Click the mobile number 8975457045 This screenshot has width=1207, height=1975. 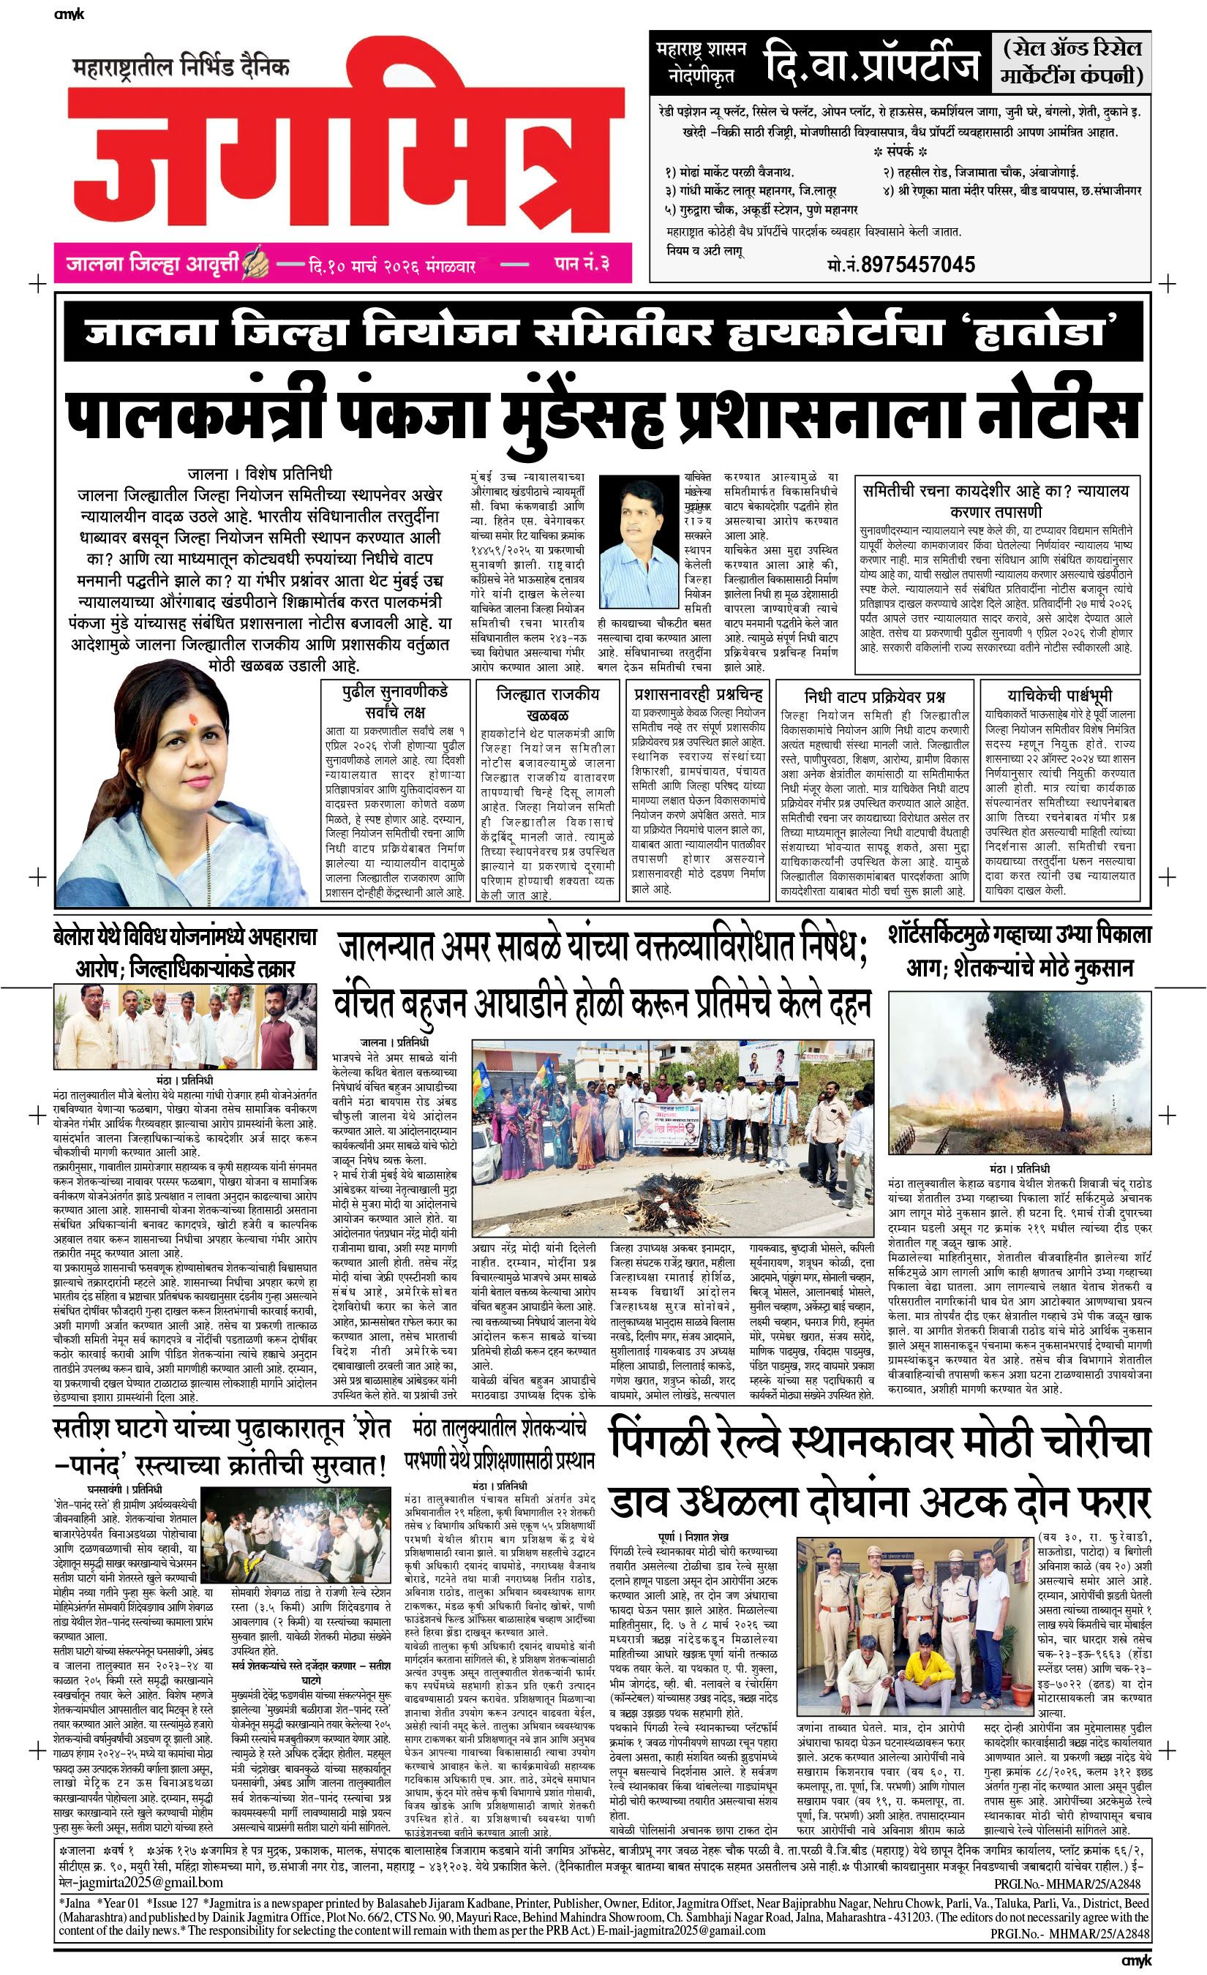point(917,264)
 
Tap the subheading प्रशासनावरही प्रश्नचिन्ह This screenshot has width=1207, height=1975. point(697,693)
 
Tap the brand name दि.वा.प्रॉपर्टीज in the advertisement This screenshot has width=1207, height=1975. point(871,64)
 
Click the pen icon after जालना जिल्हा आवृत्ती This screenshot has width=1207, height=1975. point(255,261)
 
